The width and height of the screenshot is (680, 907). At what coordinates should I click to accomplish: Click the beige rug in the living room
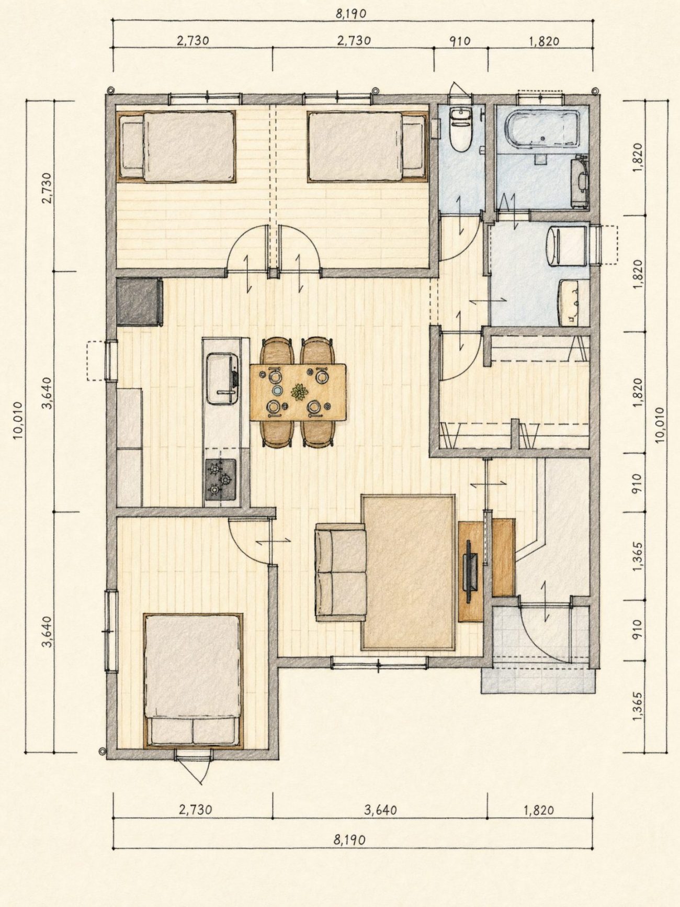coord(408,572)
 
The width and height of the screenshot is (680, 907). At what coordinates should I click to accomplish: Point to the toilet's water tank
coord(461,114)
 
